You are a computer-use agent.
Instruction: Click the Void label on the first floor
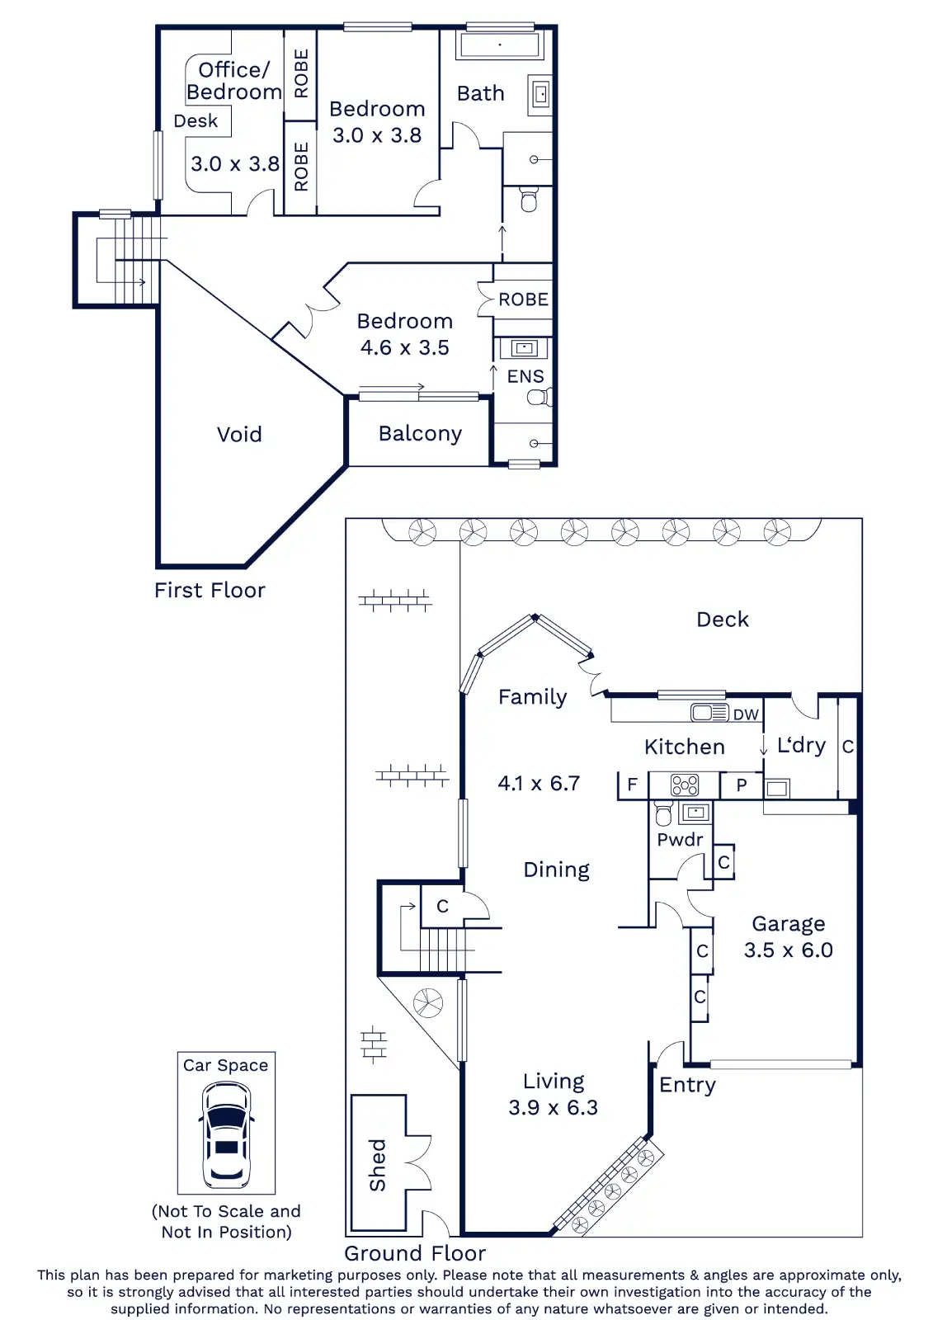pos(239,435)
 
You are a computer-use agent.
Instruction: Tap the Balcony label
pos(420,434)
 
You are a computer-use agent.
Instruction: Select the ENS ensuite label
pos(525,377)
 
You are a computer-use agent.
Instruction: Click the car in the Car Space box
pos(226,1134)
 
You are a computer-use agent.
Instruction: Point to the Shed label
pos(378,1165)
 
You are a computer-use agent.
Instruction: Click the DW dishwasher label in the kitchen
pos(746,714)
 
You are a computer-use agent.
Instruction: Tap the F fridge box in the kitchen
pos(633,785)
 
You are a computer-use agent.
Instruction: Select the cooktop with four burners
pos(685,785)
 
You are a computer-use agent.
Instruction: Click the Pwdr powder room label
pos(680,840)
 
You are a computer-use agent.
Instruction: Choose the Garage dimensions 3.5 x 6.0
pos(788,950)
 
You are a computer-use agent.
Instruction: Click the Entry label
pos(687,1085)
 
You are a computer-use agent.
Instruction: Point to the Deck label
pos(723,620)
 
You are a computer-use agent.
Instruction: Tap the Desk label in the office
pos(196,121)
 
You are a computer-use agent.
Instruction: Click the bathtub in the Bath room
pos(499,45)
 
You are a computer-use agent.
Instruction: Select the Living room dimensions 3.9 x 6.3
pos(553,1107)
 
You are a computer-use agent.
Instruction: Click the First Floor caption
pos(210,591)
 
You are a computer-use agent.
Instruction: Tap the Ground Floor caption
pos(415,1253)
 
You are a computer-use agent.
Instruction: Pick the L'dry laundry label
pos(801,746)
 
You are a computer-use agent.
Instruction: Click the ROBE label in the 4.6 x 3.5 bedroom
pos(523,299)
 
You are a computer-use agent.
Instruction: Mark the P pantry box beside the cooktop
pos(742,785)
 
